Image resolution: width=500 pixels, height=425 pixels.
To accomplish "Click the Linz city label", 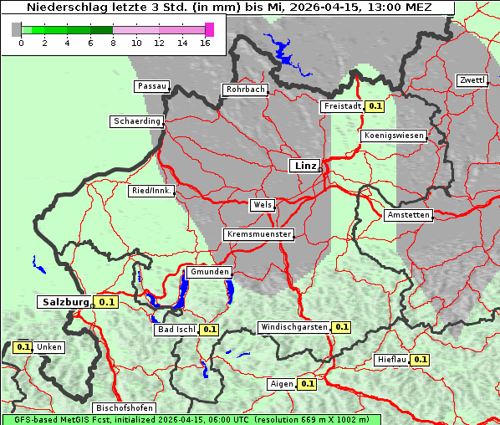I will (304, 166).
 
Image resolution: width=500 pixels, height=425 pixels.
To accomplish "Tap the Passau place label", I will (151, 86).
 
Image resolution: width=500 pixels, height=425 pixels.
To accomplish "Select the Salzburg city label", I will (64, 301).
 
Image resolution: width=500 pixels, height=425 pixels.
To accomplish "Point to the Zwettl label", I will (472, 80).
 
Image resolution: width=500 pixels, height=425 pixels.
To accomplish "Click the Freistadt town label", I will (342, 106).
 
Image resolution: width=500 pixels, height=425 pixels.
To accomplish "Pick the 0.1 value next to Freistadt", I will (375, 106).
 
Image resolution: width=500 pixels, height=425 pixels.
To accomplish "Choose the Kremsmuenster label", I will (258, 234).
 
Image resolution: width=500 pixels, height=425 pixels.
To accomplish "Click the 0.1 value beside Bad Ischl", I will (209, 330).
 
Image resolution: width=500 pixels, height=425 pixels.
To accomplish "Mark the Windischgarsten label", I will (293, 327).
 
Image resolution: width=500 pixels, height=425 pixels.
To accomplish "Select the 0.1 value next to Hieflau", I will (420, 360).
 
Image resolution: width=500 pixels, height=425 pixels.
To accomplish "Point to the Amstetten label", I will (408, 215).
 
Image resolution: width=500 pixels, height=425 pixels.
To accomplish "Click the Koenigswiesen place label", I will (393, 135).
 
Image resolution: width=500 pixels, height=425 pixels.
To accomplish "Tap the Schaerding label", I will (136, 121).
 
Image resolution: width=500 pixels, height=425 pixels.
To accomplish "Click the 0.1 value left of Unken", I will (23, 346).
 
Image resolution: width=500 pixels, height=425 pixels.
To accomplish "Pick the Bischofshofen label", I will (124, 407).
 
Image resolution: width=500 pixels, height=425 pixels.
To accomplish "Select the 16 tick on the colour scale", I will (205, 43).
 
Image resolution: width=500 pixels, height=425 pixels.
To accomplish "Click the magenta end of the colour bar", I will (209, 29).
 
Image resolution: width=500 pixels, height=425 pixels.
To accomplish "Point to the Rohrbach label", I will (244, 90).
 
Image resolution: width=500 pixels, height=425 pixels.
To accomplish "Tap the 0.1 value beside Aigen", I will (307, 384).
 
